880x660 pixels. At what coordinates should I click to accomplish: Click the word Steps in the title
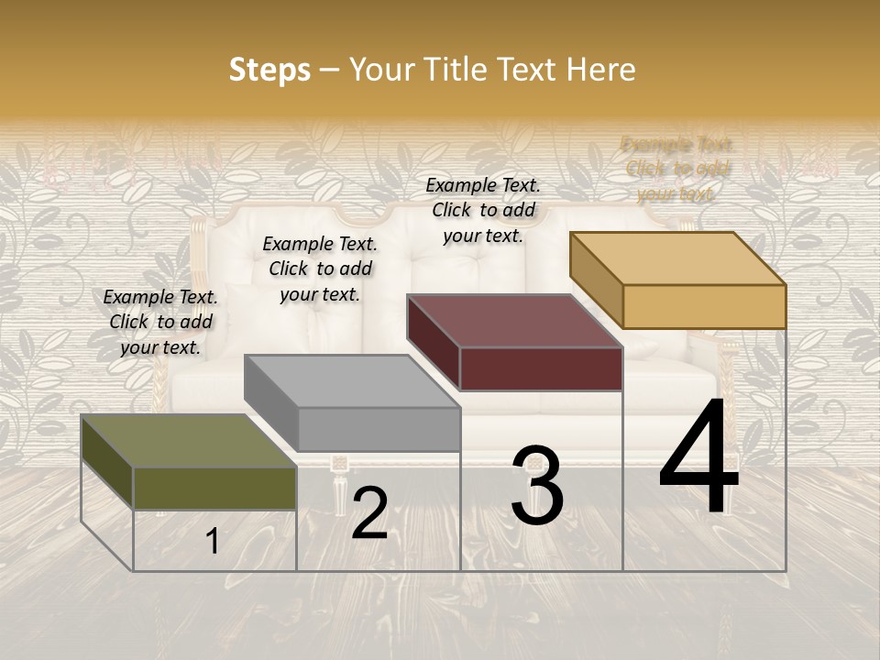click(x=269, y=70)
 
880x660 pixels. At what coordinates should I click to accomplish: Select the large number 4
click(x=698, y=461)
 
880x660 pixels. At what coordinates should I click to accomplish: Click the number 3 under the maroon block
click(x=537, y=486)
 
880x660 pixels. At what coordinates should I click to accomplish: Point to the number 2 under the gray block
click(x=369, y=514)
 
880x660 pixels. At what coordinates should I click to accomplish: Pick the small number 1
click(x=213, y=542)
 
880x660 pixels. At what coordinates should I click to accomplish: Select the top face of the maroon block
click(x=514, y=321)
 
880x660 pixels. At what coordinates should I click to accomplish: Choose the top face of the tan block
click(x=677, y=258)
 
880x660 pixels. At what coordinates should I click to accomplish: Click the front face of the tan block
click(x=704, y=306)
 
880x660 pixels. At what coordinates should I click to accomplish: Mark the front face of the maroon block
click(x=541, y=368)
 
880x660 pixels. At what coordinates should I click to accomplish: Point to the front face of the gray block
click(x=379, y=429)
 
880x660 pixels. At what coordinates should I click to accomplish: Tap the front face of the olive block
click(x=214, y=488)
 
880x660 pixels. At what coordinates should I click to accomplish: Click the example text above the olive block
click(x=160, y=323)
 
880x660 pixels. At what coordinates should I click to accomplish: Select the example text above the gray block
click(x=320, y=269)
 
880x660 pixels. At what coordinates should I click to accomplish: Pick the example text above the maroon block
click(x=483, y=210)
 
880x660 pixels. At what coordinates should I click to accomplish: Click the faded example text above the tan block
click(x=676, y=169)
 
